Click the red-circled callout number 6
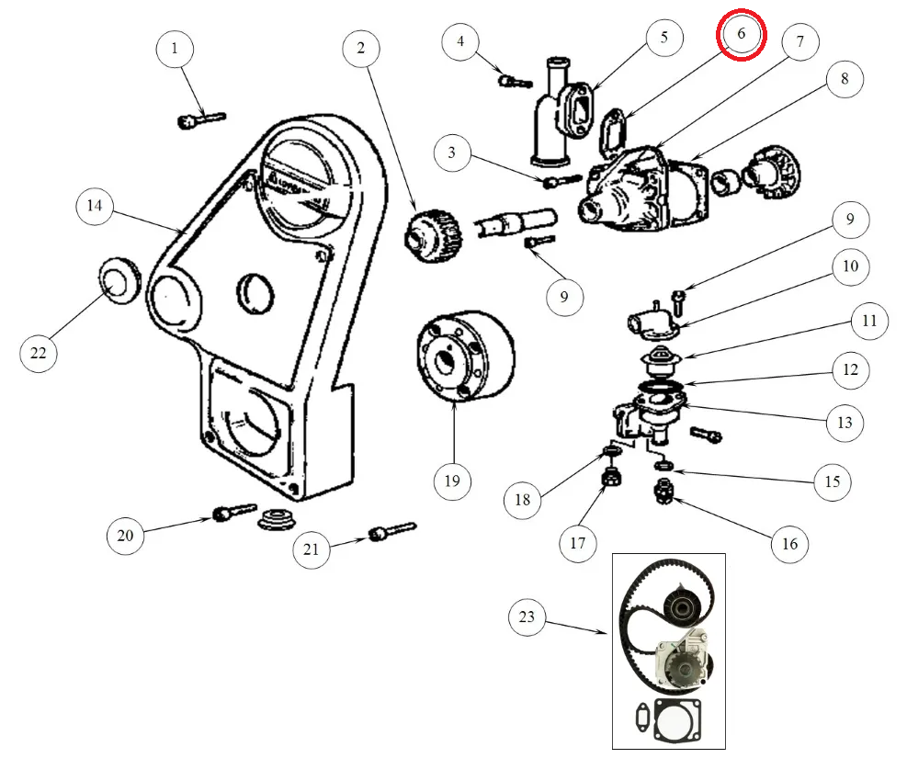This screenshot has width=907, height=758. pyautogui.click(x=741, y=35)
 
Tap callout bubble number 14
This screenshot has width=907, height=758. pyautogui.click(x=95, y=207)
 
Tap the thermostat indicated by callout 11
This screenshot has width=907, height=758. pyautogui.click(x=657, y=361)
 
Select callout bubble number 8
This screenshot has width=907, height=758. pyautogui.click(x=845, y=80)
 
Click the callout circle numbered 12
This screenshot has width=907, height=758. pyautogui.click(x=850, y=370)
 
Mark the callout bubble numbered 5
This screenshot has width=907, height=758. pyautogui.click(x=663, y=38)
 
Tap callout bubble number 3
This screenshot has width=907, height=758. pyautogui.click(x=451, y=152)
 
